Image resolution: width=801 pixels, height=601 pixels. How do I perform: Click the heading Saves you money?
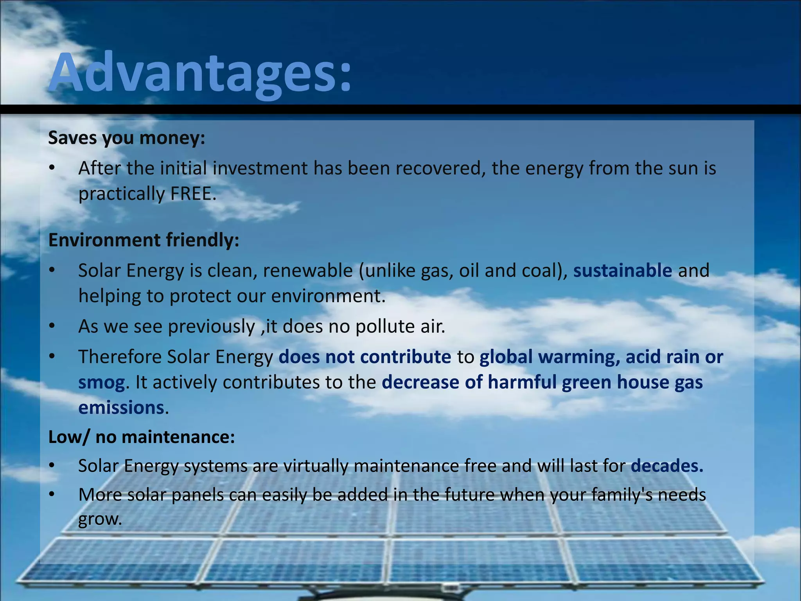(x=126, y=138)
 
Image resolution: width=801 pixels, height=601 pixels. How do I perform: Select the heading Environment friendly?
(x=144, y=240)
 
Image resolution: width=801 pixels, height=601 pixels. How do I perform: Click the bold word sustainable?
(x=622, y=271)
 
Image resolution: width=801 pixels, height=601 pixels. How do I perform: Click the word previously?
(x=211, y=326)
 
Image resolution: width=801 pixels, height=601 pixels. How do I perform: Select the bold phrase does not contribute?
(x=365, y=357)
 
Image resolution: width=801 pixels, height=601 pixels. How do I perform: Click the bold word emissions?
(x=121, y=408)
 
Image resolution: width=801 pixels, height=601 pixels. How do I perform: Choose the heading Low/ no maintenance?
(x=141, y=437)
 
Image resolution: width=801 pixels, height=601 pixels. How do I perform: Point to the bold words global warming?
(x=549, y=357)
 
